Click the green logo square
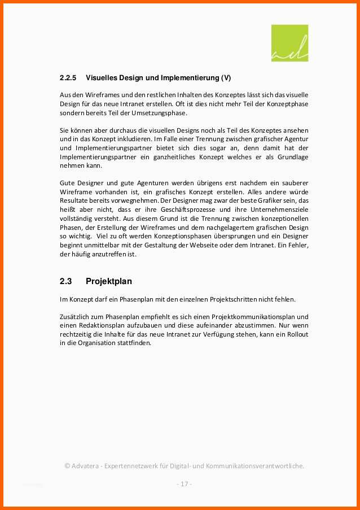pyautogui.click(x=289, y=43)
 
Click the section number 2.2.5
pyautogui.click(x=68, y=77)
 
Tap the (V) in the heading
pyautogui.click(x=226, y=77)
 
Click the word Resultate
pyautogui.click(x=74, y=200)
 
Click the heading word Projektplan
pyautogui.click(x=109, y=281)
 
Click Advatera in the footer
pyautogui.click(x=87, y=466)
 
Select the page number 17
pyautogui.click(x=184, y=484)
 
